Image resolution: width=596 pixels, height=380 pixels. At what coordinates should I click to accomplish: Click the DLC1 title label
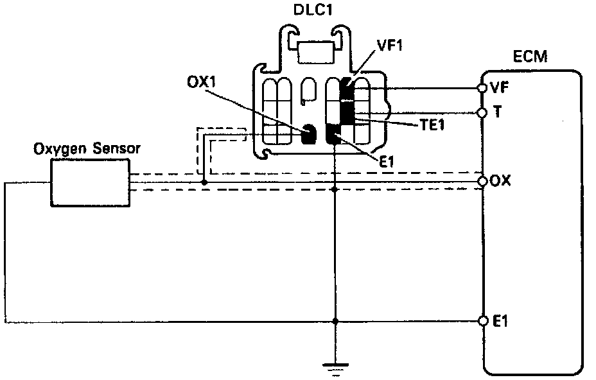click(x=313, y=10)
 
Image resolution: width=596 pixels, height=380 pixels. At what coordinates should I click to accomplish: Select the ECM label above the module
click(x=530, y=56)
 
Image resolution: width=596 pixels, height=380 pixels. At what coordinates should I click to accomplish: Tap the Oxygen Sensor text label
click(x=87, y=148)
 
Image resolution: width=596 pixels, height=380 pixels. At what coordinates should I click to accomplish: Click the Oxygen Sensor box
click(x=91, y=183)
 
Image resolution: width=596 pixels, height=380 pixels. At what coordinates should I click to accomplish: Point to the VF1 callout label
click(x=390, y=45)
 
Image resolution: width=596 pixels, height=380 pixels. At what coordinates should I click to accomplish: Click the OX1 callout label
click(x=201, y=82)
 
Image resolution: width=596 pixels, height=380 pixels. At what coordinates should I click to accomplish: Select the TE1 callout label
click(x=432, y=125)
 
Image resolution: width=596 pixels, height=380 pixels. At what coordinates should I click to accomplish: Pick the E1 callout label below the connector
click(x=386, y=162)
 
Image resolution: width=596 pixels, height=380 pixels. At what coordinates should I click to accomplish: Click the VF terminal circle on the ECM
click(x=482, y=88)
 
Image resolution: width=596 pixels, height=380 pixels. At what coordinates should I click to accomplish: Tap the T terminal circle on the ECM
click(x=482, y=113)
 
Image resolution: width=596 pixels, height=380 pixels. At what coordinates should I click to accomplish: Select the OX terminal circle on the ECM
click(x=482, y=181)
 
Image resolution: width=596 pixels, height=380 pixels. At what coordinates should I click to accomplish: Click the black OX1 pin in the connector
click(x=309, y=134)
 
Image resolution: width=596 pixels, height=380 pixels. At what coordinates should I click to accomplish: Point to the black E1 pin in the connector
click(x=334, y=135)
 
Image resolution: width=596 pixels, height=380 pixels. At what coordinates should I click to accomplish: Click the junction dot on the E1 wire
click(x=335, y=321)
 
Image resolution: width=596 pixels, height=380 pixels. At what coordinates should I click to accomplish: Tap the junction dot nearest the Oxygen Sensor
click(x=204, y=183)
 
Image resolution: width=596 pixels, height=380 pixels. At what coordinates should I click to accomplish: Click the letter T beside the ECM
click(x=497, y=112)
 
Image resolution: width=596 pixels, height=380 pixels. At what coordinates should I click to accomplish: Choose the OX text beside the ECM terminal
click(x=500, y=181)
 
